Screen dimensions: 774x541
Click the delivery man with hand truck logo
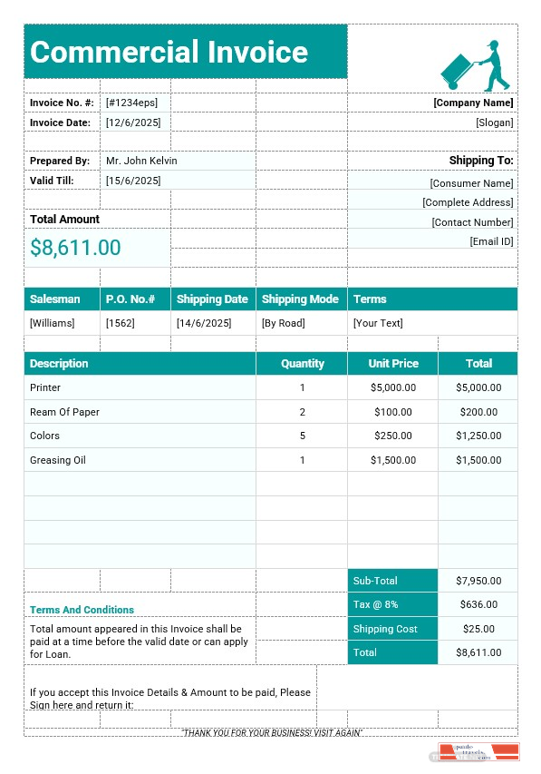coord(474,65)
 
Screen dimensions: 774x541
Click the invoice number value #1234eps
coord(131,103)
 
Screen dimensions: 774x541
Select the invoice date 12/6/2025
coord(133,122)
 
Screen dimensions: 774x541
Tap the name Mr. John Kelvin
coord(141,161)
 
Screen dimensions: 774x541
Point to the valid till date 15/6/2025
coord(133,181)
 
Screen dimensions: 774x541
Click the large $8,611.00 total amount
coord(75,248)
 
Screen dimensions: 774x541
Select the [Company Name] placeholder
coord(473,103)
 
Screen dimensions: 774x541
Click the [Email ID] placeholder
coord(491,241)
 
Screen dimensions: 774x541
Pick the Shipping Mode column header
coord(300,299)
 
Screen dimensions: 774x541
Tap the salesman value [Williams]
coord(53,323)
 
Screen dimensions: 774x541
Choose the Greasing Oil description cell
coord(57,460)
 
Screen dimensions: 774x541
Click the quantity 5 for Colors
coord(303,436)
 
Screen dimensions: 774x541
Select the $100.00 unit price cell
coord(393,412)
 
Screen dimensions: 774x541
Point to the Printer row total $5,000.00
coord(478,387)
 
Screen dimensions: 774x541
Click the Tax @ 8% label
coord(375,604)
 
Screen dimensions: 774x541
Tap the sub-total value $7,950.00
coord(478,581)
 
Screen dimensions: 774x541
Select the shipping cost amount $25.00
coord(478,629)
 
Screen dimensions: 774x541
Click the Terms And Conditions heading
coord(82,610)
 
